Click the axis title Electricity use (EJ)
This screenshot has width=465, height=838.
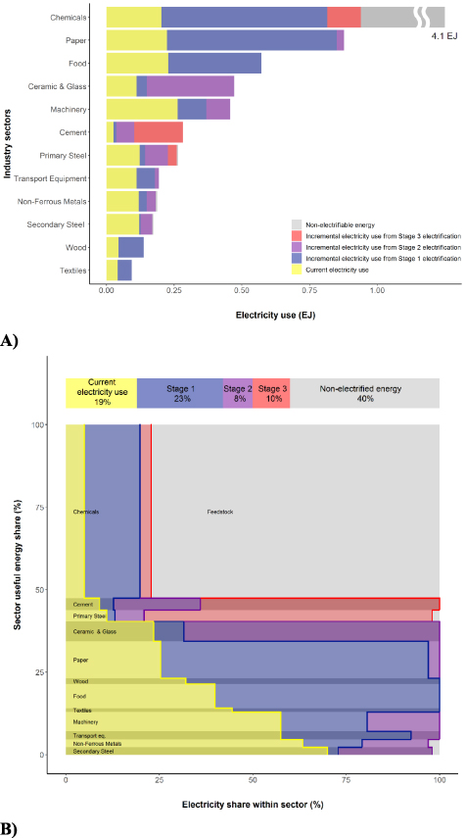(x=275, y=316)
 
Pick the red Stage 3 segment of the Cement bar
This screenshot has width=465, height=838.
(x=158, y=132)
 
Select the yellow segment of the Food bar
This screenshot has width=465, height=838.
(x=136, y=64)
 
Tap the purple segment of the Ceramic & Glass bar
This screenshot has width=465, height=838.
(x=190, y=86)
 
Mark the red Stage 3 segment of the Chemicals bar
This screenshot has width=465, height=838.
(x=344, y=18)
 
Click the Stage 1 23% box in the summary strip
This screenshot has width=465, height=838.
(x=179, y=393)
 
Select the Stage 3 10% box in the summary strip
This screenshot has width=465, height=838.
(x=271, y=393)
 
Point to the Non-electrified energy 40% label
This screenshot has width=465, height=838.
(x=364, y=393)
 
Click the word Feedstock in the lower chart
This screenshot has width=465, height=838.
(x=220, y=512)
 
